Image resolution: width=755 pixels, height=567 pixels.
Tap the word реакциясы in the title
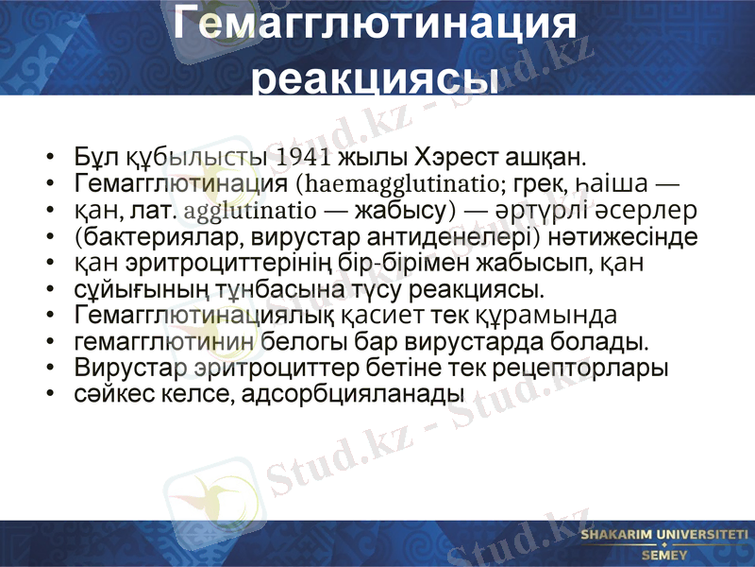pyautogui.click(x=377, y=79)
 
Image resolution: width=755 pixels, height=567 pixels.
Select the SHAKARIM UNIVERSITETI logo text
pyautogui.click(x=664, y=536)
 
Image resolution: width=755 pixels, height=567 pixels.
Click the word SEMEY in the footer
pyautogui.click(x=664, y=555)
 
